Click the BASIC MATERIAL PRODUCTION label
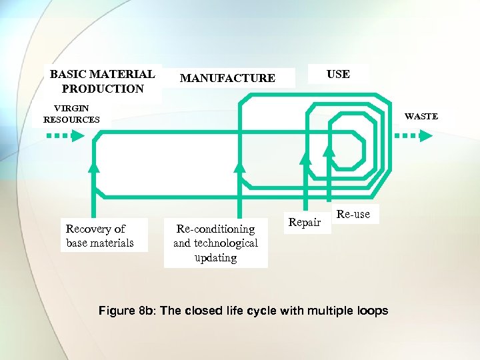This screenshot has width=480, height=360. (102, 81)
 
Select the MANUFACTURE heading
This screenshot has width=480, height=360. (227, 78)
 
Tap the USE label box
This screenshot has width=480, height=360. (338, 74)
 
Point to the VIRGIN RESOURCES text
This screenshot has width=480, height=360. (71, 113)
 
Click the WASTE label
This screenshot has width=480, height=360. (421, 116)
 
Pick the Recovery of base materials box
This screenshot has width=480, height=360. (99, 236)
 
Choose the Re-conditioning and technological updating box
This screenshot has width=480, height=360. (215, 243)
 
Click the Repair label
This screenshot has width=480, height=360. (305, 223)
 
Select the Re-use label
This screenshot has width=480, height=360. (353, 214)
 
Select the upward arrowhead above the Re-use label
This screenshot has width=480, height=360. (329, 151)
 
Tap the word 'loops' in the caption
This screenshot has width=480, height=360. (372, 311)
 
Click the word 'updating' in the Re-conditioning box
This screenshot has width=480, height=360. (215, 258)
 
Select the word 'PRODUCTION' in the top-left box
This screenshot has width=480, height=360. (102, 89)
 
